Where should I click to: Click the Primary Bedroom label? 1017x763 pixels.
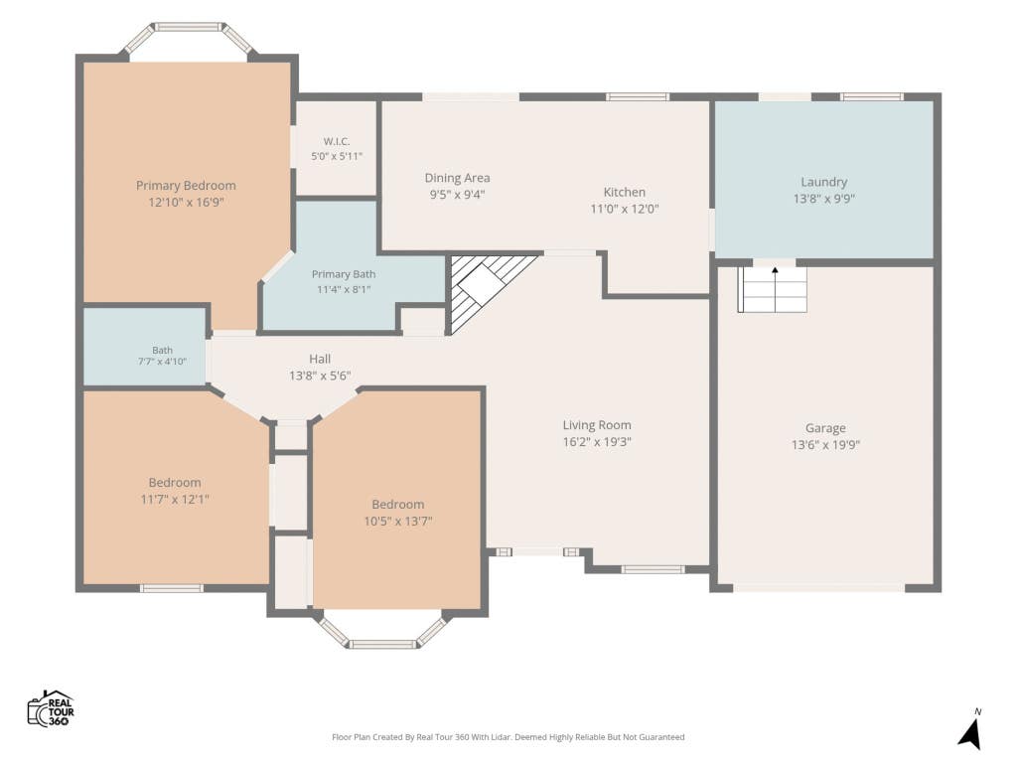(186, 186)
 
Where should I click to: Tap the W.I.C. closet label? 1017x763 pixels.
(337, 141)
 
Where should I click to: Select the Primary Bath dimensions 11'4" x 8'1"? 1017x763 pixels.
(344, 289)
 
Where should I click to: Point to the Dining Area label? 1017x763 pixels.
(457, 178)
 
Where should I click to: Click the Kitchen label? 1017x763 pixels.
(625, 192)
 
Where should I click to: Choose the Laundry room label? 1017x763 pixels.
(823, 182)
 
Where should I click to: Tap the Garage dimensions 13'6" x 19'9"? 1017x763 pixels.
(825, 444)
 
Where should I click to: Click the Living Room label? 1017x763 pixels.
(597, 425)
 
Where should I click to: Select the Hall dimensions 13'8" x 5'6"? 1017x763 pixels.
(320, 375)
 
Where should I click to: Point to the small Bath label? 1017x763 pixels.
(162, 350)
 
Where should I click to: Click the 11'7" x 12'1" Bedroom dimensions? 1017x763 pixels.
(175, 499)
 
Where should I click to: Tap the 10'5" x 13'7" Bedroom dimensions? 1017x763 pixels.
(398, 521)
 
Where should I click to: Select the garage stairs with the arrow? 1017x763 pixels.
(773, 289)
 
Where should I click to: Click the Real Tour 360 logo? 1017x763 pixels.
(51, 708)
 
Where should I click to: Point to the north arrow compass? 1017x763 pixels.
(971, 730)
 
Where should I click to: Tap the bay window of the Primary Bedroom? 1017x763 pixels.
(189, 39)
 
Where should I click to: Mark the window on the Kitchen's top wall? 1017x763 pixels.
(638, 97)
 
